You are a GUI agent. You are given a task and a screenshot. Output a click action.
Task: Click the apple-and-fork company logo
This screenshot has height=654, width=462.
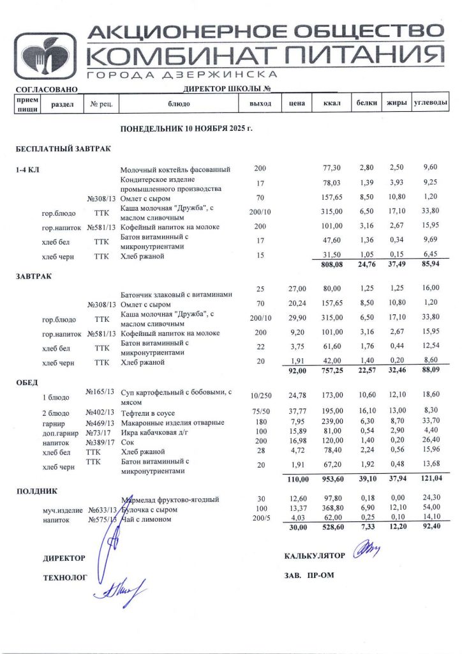click(x=46, y=56)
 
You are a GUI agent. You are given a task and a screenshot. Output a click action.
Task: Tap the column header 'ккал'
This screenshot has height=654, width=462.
click(x=332, y=103)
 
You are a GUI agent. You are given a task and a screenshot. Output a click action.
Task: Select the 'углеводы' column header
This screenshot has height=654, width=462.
click(x=430, y=102)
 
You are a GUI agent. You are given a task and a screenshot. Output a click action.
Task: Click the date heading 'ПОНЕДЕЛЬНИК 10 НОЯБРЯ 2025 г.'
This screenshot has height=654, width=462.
click(x=186, y=128)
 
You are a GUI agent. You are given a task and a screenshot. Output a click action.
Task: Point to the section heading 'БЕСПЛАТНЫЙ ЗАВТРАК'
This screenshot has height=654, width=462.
click(x=63, y=149)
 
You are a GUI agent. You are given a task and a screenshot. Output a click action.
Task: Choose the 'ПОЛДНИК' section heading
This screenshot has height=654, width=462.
click(x=36, y=491)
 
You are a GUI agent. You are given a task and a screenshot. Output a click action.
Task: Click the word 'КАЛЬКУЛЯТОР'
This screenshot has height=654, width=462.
click(x=315, y=556)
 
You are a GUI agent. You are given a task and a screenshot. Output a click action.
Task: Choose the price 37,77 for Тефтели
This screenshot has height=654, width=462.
click(x=297, y=411)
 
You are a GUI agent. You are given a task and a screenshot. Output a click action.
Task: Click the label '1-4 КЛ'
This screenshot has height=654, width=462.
click(x=29, y=169)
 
